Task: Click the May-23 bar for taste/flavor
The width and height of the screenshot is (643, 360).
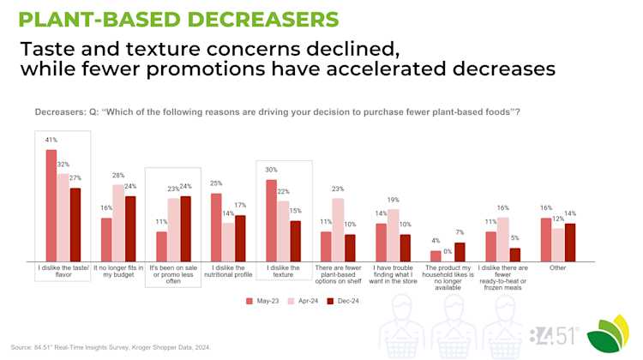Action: (51, 205)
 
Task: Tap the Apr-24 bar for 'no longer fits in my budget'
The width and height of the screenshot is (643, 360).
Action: (118, 223)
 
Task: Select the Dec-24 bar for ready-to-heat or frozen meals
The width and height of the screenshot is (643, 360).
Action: (514, 255)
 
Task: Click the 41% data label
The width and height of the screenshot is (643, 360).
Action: (51, 140)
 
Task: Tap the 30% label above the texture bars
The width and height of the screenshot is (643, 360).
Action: (272, 170)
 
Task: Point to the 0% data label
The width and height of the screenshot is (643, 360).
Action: (448, 251)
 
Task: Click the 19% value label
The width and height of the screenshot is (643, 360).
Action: (393, 200)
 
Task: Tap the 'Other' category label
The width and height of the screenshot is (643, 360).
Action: (558, 267)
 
